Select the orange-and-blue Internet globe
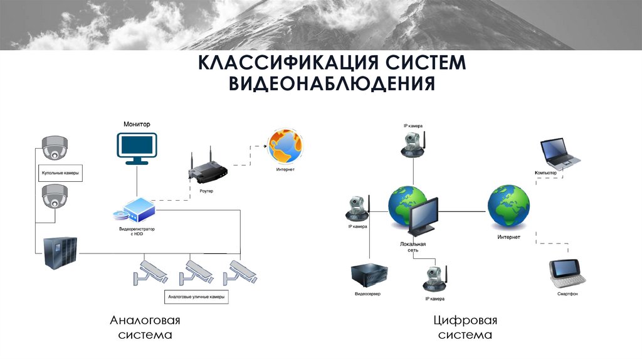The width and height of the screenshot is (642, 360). point(285,147)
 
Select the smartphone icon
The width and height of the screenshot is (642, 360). point(567,271)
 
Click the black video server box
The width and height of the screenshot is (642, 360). point(367,275)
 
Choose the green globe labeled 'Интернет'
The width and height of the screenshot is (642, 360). point(508,206)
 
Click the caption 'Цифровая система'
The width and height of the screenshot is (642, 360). point(465,327)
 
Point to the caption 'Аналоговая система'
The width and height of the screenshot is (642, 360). point(145,327)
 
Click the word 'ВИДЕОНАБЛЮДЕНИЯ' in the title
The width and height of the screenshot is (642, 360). point(331,83)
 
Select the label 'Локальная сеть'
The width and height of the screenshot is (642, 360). point(413,246)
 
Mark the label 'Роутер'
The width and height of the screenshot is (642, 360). point(206,190)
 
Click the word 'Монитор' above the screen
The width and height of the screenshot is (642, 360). point(137,125)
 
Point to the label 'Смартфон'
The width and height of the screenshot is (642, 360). point(567,294)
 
